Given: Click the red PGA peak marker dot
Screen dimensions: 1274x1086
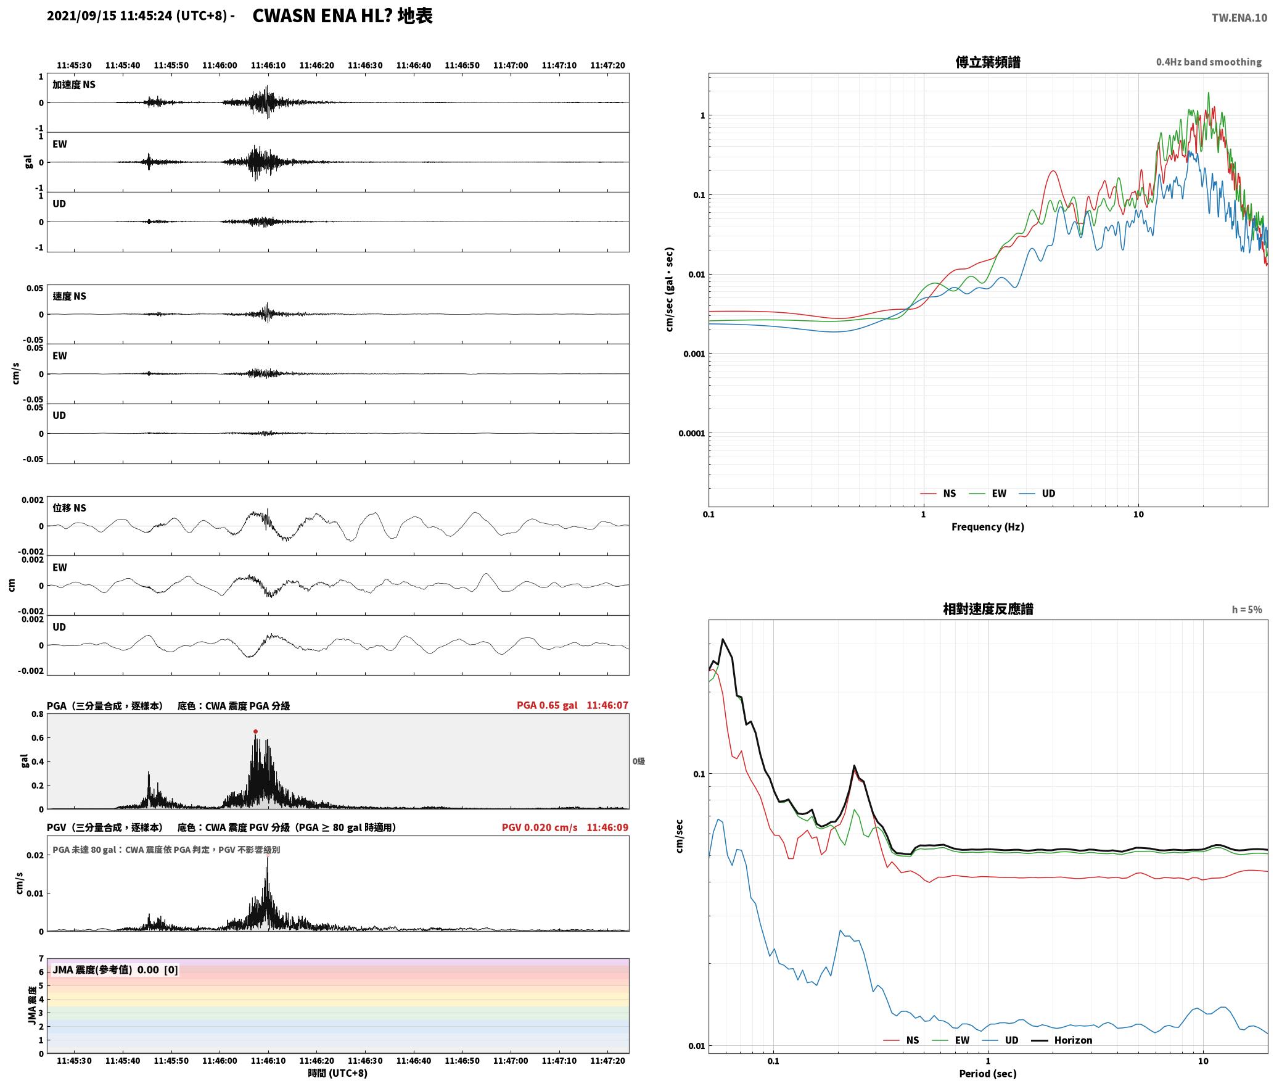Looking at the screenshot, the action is [x=255, y=731].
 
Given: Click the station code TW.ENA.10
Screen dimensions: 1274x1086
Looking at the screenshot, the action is [x=1239, y=18].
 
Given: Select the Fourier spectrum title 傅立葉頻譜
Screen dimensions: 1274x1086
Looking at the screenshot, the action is [x=987, y=62].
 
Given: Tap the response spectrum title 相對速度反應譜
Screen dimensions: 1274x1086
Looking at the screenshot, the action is [x=988, y=609].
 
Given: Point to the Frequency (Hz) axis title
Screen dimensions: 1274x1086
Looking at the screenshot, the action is [x=987, y=526].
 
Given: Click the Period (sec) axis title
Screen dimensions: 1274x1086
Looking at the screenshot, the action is [x=987, y=1073].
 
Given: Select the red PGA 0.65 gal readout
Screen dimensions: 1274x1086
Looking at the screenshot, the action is [x=547, y=705].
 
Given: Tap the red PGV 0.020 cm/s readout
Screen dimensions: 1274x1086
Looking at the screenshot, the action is [x=540, y=827].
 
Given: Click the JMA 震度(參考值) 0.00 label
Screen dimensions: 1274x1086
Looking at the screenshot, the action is [x=115, y=969].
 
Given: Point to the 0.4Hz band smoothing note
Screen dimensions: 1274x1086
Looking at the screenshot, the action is [x=1209, y=62].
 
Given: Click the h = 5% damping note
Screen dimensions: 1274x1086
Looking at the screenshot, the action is [x=1247, y=609].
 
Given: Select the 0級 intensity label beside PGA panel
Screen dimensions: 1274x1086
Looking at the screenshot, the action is [x=638, y=761].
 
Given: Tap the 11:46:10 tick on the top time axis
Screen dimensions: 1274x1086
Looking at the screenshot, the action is [x=268, y=65].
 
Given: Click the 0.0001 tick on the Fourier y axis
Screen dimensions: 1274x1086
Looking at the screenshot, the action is [x=691, y=433].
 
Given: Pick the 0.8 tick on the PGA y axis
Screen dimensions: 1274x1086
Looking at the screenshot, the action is [x=37, y=714].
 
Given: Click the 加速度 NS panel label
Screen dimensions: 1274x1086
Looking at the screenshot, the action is [x=74, y=85].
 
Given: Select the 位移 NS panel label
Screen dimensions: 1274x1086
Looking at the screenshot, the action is [x=70, y=508].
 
